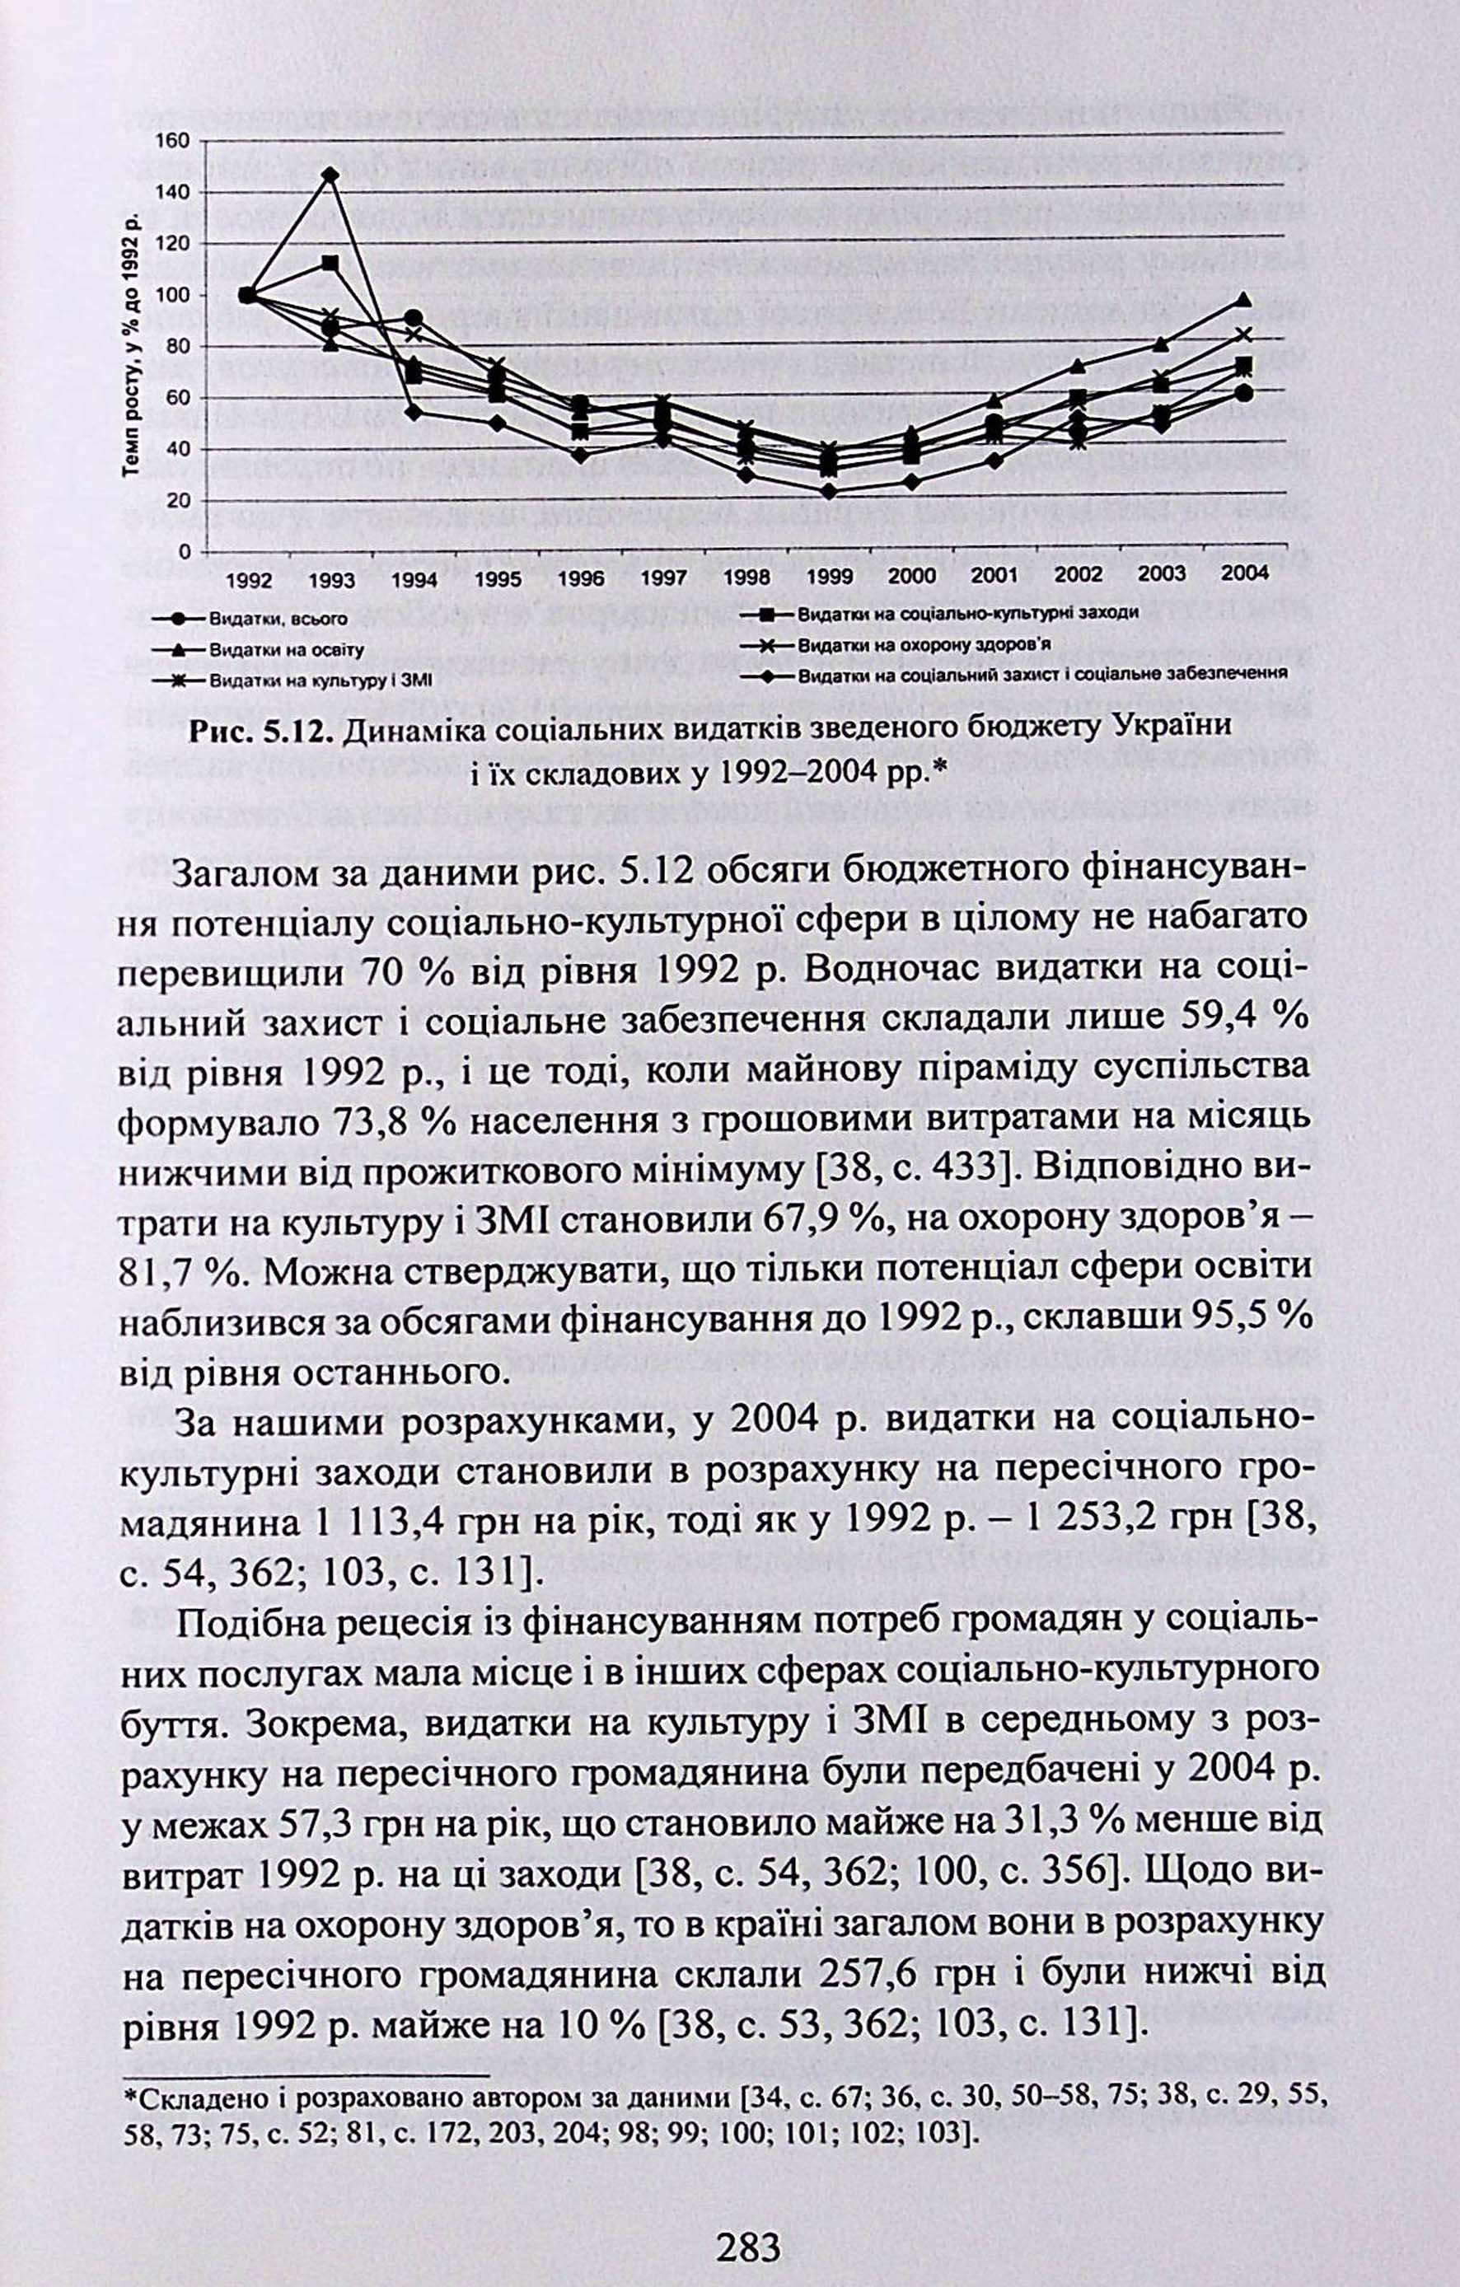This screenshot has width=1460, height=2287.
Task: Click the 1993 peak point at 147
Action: point(330,175)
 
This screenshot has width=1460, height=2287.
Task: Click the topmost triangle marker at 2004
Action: point(1244,300)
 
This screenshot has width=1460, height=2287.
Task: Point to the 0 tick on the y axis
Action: point(185,552)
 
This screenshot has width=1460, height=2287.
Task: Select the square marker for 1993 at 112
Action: point(330,262)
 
